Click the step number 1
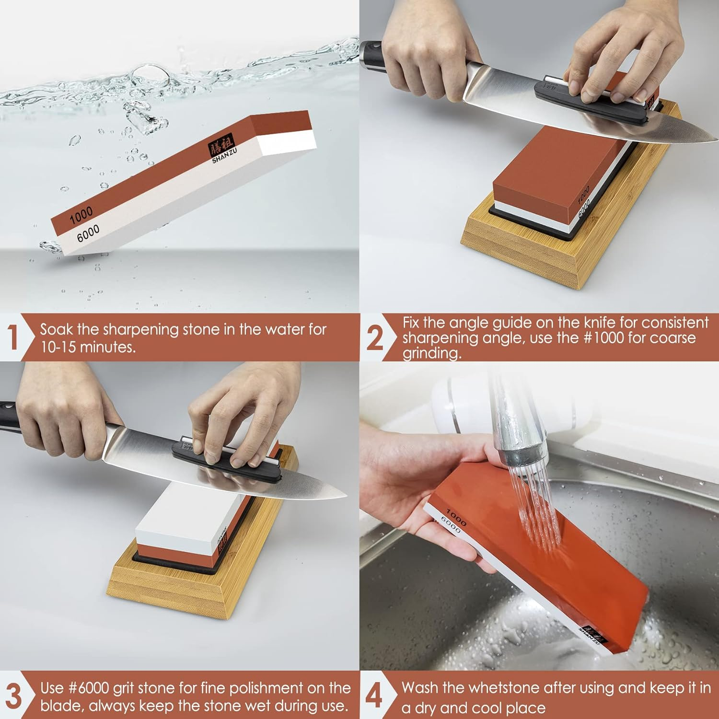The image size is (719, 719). [x=13, y=337]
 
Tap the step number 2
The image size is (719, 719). [x=375, y=338]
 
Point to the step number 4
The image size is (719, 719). [x=374, y=696]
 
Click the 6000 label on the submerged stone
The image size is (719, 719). [x=88, y=233]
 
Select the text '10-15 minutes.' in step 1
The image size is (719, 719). [x=88, y=347]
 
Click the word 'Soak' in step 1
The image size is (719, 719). [x=57, y=329]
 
